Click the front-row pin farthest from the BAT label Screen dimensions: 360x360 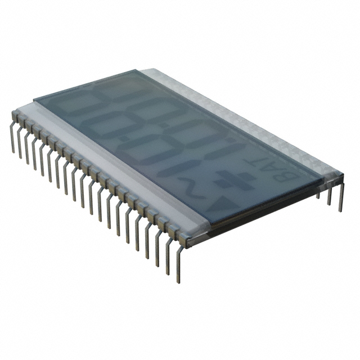pyautogui.click(x=12, y=135)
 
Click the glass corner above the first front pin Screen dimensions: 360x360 pyautogui.click(x=34, y=101)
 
